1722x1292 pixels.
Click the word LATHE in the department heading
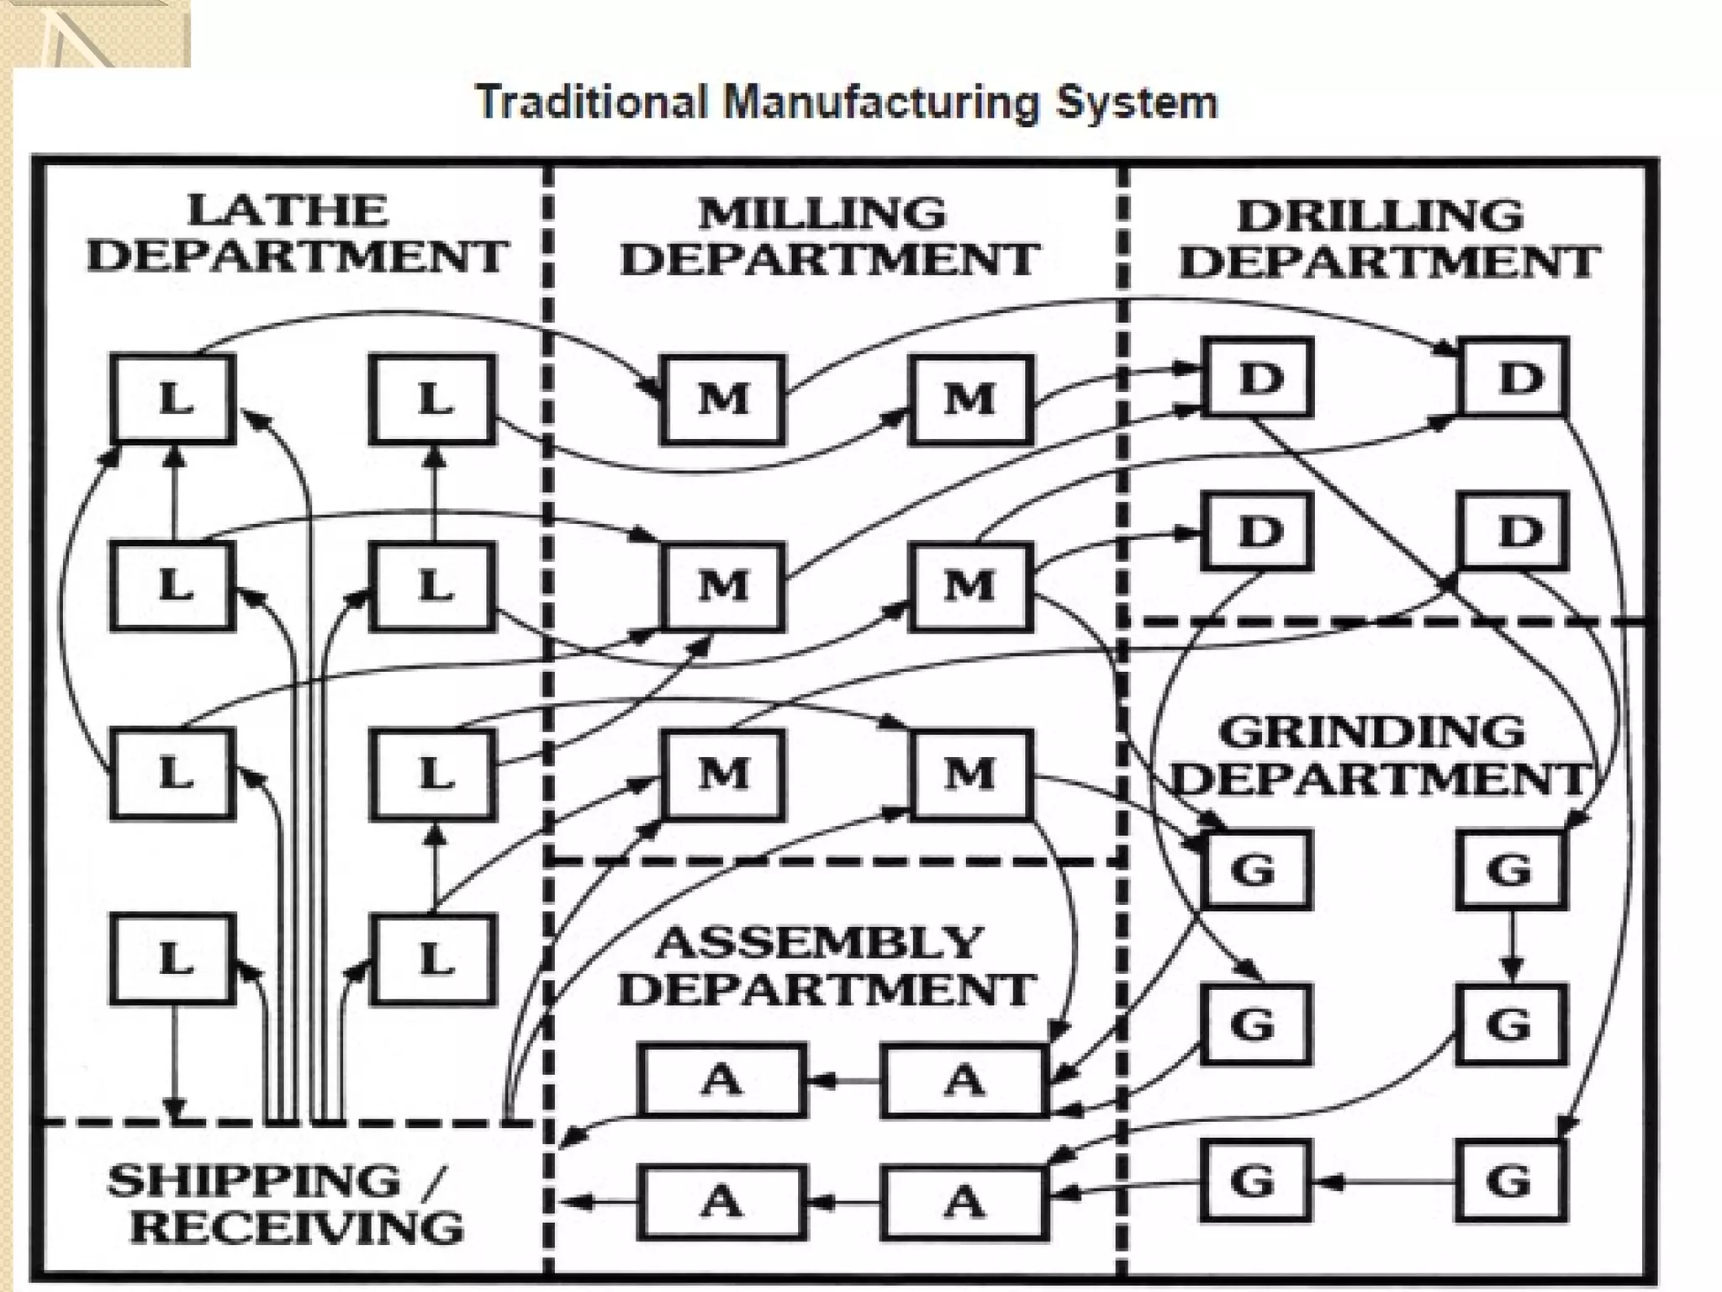click(288, 210)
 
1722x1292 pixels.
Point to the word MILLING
click(822, 214)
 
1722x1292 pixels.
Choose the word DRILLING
click(1381, 216)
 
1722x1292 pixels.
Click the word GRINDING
click(1371, 732)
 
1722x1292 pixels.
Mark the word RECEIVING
click(297, 1227)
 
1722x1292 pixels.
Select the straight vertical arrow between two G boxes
click(1512, 945)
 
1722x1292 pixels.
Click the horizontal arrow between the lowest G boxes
click(1383, 1182)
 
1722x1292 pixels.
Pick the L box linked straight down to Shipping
click(173, 959)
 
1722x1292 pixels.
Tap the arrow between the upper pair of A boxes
click(844, 1080)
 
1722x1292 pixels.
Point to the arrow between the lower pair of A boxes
click(844, 1202)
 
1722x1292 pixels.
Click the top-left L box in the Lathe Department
click(173, 398)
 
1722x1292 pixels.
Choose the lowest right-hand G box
click(1511, 1181)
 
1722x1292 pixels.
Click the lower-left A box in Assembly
click(722, 1202)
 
